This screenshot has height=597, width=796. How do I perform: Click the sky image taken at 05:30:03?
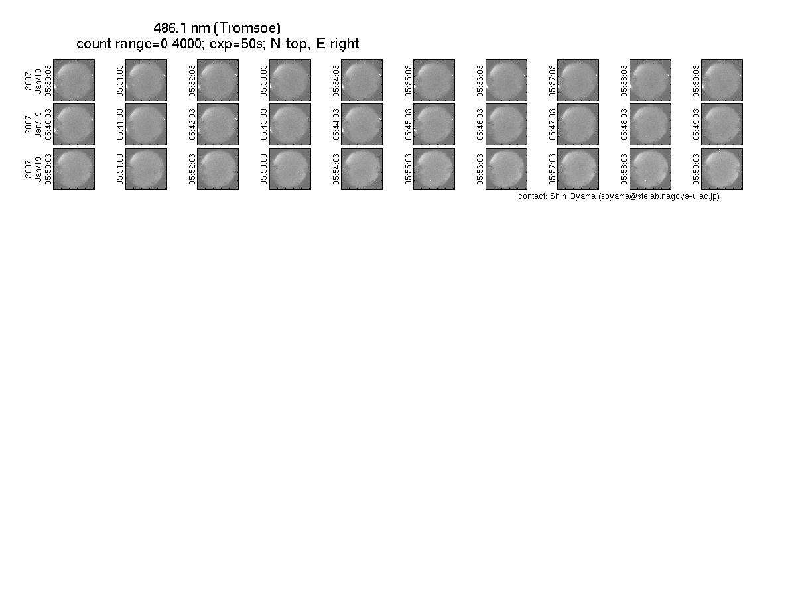74,80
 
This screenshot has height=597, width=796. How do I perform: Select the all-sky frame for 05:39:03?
722,80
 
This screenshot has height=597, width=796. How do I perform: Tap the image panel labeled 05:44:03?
362,124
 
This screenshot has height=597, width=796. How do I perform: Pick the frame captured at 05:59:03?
722,168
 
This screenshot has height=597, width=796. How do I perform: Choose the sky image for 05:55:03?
434,168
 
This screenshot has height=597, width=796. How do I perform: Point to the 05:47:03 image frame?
578,124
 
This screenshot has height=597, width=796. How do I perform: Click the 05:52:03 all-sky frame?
218,168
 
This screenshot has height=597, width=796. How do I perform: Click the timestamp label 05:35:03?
408,81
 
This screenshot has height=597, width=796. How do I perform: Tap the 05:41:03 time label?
120,125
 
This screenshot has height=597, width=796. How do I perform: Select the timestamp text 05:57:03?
552,169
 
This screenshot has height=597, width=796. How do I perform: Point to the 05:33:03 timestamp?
264,81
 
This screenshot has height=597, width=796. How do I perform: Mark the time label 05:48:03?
624,125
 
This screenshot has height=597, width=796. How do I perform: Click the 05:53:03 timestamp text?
264,169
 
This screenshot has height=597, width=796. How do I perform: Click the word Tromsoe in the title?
247,28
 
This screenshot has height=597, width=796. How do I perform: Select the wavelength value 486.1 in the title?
170,28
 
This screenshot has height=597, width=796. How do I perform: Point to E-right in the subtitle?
338,44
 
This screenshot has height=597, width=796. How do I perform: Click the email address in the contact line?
659,196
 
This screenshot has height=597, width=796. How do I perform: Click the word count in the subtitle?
94,44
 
